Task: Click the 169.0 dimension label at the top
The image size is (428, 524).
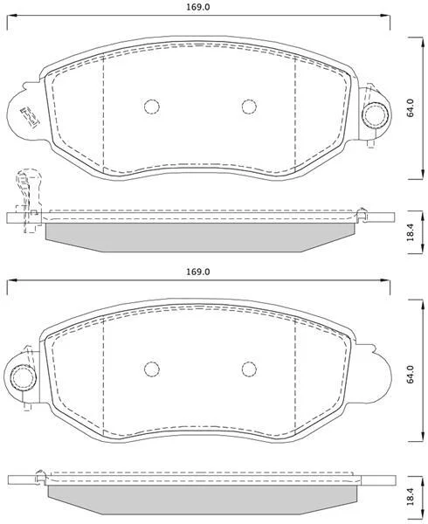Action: [197, 7]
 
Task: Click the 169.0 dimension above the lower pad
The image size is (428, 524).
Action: [197, 272]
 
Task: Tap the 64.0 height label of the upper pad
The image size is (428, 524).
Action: [411, 107]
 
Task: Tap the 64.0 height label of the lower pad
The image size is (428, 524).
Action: [411, 375]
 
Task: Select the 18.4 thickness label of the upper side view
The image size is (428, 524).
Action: [411, 232]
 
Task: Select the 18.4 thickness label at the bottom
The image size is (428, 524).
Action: [411, 496]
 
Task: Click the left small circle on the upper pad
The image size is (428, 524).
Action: [152, 107]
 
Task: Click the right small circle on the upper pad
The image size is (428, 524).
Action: [249, 107]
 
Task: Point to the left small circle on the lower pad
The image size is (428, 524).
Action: [152, 369]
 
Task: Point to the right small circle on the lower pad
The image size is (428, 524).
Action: [249, 369]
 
